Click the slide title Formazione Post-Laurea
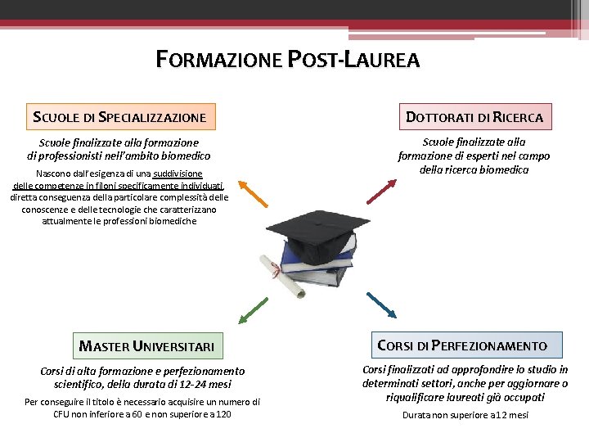[x=288, y=60]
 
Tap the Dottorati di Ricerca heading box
[x=474, y=116]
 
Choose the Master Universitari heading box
[x=147, y=345]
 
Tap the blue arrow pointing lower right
[x=382, y=304]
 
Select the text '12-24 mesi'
[x=203, y=384]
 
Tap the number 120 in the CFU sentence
[x=221, y=414]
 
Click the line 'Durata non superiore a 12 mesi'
[x=465, y=415]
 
